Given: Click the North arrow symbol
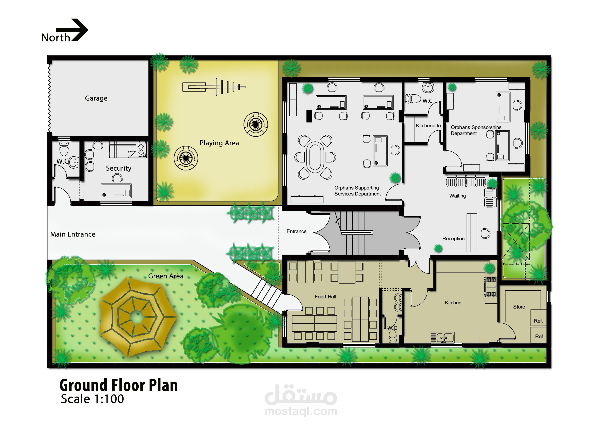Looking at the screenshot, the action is [x=72, y=30].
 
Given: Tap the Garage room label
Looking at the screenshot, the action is [x=96, y=98].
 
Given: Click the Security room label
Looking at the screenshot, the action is [x=118, y=168].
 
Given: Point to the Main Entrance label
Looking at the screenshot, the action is [x=73, y=234].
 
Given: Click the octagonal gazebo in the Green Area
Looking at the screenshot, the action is [x=137, y=317].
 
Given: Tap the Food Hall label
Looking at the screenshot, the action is [x=325, y=297].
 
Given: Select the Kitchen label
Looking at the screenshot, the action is [x=453, y=303].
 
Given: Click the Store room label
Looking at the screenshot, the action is [x=519, y=307].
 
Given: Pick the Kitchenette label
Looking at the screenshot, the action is [x=428, y=126].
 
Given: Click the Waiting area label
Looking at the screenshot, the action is [x=458, y=196].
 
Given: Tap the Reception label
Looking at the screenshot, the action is [x=453, y=239].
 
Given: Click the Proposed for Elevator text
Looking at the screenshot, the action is [x=517, y=264].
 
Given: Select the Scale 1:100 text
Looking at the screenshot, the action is [x=92, y=399].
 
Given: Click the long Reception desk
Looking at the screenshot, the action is [x=472, y=233].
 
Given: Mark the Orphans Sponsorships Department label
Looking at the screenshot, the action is [x=476, y=130].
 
